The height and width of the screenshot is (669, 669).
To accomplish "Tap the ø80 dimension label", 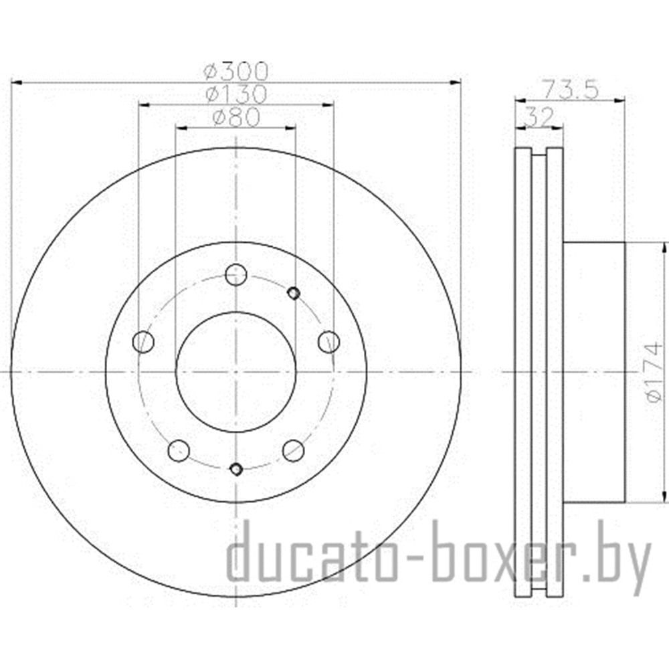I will pos(235,118).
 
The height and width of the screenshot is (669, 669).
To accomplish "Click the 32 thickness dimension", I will pos(539,117).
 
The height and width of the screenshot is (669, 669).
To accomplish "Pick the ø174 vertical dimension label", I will pos(654,372).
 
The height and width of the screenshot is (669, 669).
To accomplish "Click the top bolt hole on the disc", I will pos(235,274).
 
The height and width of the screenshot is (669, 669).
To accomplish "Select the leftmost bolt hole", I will pos(143,342).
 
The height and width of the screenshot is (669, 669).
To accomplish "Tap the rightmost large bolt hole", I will pos(328,342).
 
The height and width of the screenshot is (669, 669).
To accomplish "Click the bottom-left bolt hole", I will pos(179,450).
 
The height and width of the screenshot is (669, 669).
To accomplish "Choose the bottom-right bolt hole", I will pos(293,450).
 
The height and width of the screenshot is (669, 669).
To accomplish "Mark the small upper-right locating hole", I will pos(293,292).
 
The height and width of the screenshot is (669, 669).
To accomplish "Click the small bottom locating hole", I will pos(235,468).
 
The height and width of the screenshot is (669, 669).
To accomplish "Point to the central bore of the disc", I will pos(235,372).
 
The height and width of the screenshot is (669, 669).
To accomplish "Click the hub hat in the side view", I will pos(594,372).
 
